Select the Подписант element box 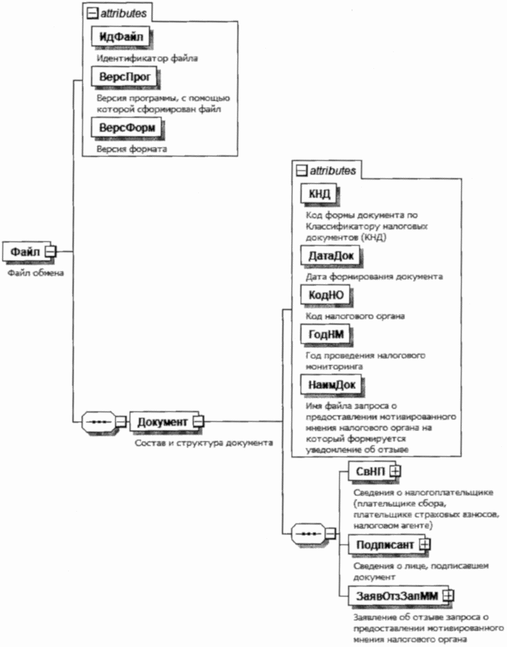[381, 544]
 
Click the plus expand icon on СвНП [395, 471]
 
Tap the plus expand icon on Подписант [425, 544]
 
